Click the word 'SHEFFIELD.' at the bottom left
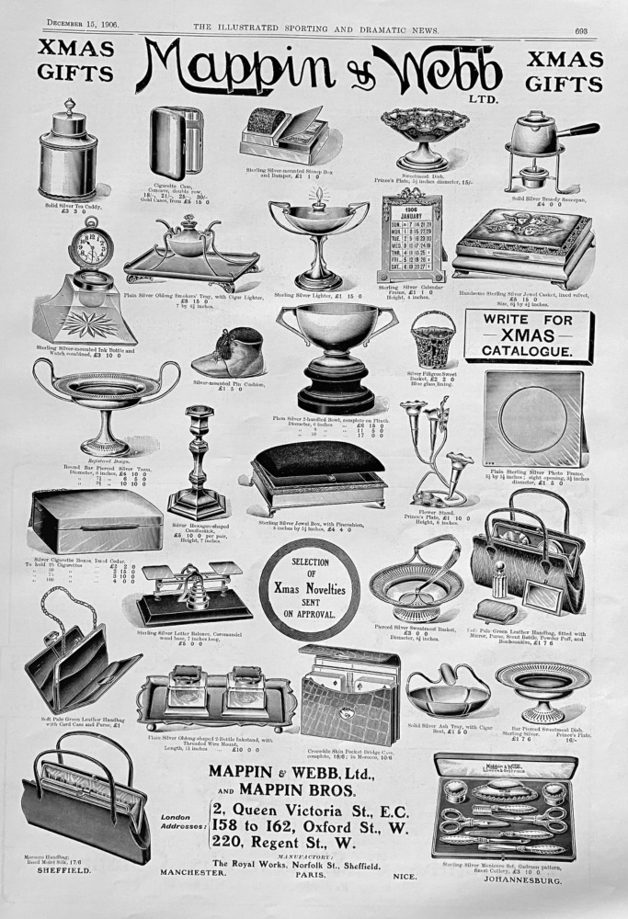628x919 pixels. click(63, 874)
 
